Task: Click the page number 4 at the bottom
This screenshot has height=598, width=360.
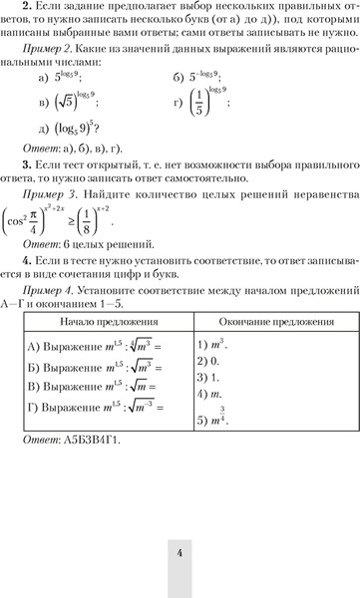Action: pyautogui.click(x=180, y=554)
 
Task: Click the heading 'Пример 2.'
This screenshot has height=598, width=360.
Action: pyautogui.click(x=60, y=49)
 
